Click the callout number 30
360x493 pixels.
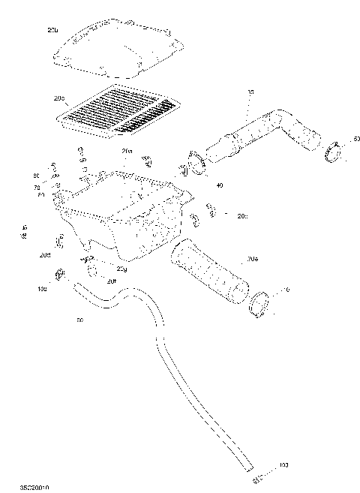tap(250, 92)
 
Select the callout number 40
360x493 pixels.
tap(219, 185)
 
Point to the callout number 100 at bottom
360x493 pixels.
tap(283, 466)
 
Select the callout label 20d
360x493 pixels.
tap(46, 256)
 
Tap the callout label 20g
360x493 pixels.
tap(121, 268)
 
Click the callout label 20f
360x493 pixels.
tap(111, 281)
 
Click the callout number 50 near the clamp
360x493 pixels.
tap(356, 139)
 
